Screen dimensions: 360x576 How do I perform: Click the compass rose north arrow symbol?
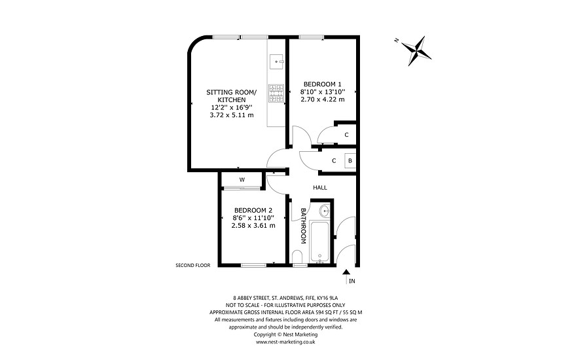(416, 51)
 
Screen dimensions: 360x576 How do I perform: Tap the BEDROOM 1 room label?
(322, 84)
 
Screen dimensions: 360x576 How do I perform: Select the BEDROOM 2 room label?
(253, 210)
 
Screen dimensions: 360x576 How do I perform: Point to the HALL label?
(320, 188)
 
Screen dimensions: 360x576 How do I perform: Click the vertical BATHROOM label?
(303, 226)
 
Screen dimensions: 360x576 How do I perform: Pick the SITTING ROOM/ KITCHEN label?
(232, 96)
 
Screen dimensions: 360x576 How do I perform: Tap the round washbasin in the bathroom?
(325, 211)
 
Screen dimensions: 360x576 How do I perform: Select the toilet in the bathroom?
(298, 255)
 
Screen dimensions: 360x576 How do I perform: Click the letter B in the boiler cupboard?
(350, 160)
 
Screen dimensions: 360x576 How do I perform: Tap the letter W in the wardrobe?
(242, 179)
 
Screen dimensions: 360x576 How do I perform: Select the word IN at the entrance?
(351, 282)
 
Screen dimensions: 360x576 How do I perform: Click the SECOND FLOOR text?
(193, 266)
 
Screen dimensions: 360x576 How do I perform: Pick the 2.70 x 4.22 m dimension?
(322, 99)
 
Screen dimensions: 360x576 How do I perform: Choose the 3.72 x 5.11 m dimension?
(232, 115)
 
